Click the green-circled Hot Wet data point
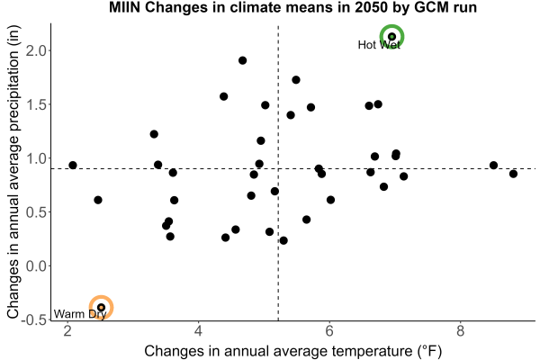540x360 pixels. pyautogui.click(x=391, y=37)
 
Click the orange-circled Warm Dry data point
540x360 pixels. pyautogui.click(x=101, y=307)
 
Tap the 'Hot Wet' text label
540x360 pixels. pyautogui.click(x=379, y=45)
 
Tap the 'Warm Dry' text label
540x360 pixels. pyautogui.click(x=80, y=314)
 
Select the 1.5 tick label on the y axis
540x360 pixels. pyautogui.click(x=36, y=104)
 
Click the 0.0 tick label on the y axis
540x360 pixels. pyautogui.click(x=36, y=266)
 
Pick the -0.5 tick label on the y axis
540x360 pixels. pyautogui.click(x=33, y=319)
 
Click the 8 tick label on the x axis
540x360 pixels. pyautogui.click(x=460, y=331)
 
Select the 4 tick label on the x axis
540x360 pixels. pyautogui.click(x=198, y=331)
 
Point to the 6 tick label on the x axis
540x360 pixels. pyautogui.click(x=329, y=331)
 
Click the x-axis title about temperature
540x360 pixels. pyautogui.click(x=292, y=351)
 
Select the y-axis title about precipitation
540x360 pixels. pyautogui.click(x=13, y=172)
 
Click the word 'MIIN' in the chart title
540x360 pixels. pyautogui.click(x=125, y=7)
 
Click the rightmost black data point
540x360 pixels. pyautogui.click(x=513, y=174)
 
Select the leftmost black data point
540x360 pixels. pyautogui.click(x=73, y=165)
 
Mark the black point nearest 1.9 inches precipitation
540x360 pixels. pyautogui.click(x=242, y=60)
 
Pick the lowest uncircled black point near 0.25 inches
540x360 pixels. pyautogui.click(x=283, y=240)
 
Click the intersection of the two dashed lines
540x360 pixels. pyautogui.click(x=278, y=168)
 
